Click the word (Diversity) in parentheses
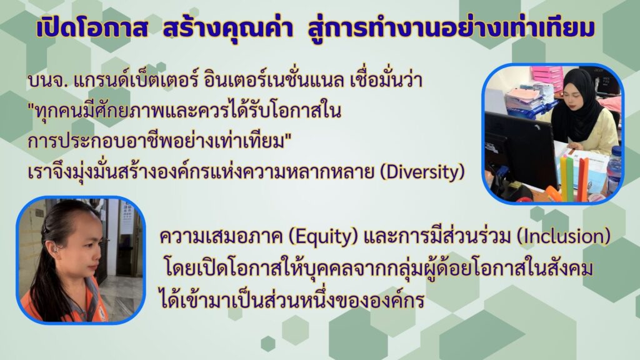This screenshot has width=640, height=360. tap(422, 172)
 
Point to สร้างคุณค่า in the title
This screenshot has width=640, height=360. tap(227, 27)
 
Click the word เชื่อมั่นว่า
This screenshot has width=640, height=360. tap(386, 79)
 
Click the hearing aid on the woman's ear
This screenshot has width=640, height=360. tap(54, 249)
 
